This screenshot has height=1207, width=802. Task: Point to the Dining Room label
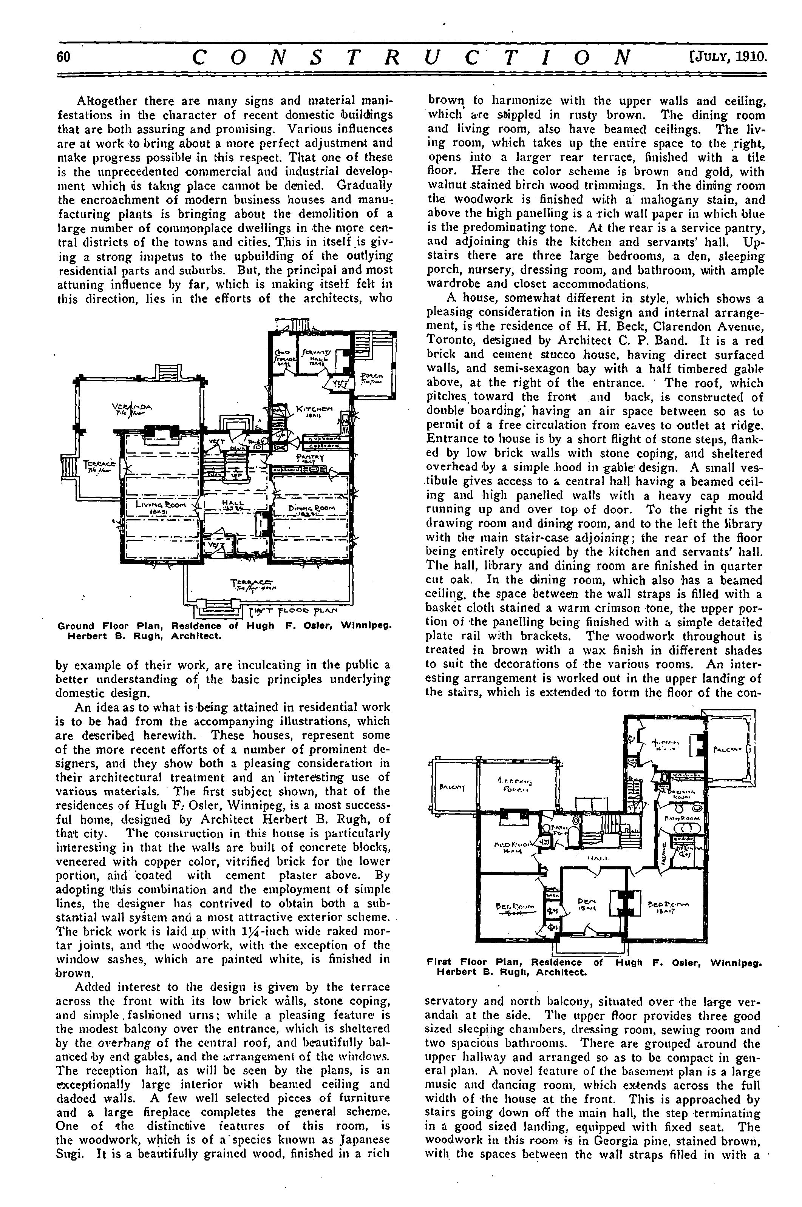pyautogui.click(x=311, y=509)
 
